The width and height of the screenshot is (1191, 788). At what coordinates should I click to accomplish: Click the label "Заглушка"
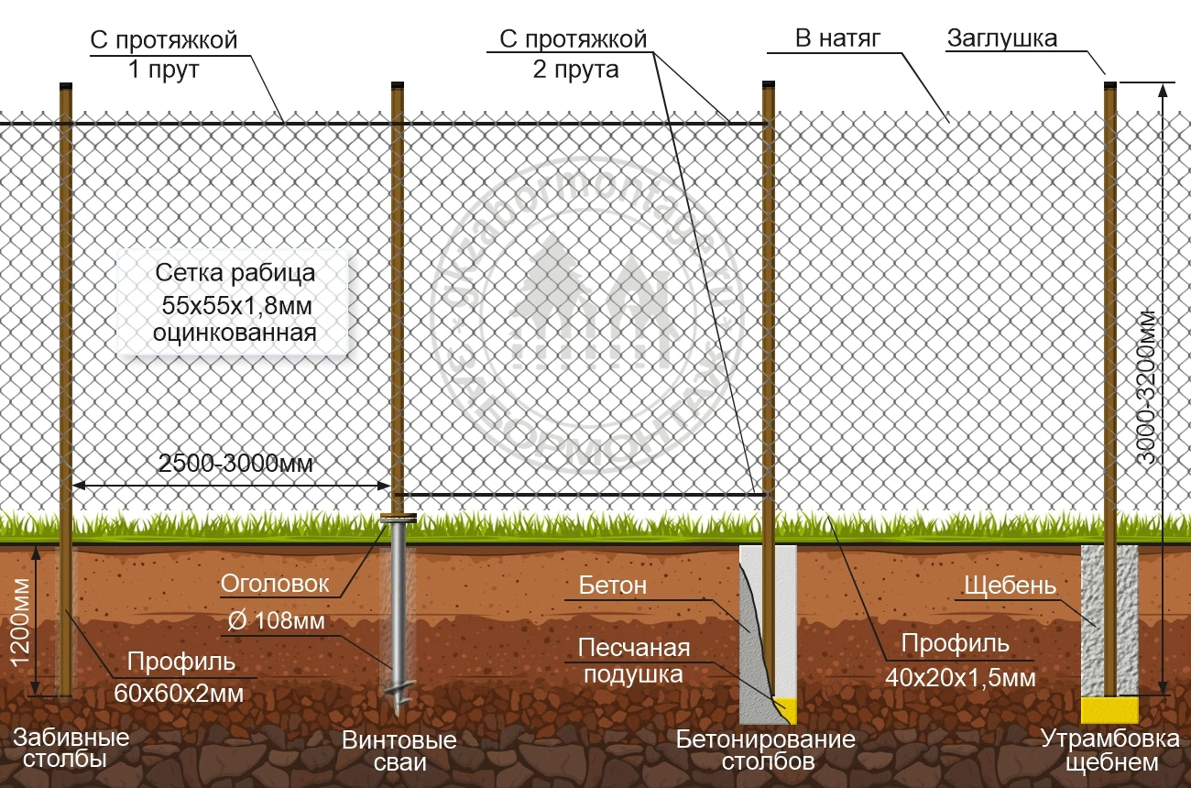coord(1002,38)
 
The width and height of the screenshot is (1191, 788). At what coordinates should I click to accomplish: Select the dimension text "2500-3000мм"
coord(235,464)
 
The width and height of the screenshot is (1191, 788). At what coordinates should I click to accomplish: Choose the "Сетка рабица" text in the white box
coord(235,273)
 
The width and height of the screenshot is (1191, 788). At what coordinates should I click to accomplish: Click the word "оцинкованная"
coord(235,333)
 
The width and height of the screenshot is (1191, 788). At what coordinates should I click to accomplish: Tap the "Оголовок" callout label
coord(274,584)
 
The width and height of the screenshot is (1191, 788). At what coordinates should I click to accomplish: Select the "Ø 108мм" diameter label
coord(274,621)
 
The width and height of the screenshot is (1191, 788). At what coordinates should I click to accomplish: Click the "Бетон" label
coord(613,585)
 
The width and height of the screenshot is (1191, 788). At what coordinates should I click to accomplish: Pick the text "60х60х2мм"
coord(180,694)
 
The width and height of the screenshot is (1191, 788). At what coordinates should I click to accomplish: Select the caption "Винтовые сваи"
coord(399,750)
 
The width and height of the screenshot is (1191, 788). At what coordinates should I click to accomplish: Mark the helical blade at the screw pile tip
coord(400,702)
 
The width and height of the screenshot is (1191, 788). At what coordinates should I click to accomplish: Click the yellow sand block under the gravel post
coord(1109,708)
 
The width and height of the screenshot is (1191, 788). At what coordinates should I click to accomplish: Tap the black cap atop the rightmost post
coord(1109,85)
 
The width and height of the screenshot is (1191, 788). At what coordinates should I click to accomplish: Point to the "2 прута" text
coord(575,70)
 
